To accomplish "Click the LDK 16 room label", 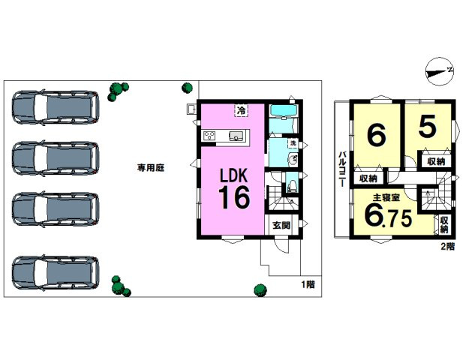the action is (234, 189).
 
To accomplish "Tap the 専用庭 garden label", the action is (151, 168).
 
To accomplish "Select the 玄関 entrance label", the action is (281, 226).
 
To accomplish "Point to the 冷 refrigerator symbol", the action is (242, 111).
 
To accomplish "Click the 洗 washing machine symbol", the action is (293, 143).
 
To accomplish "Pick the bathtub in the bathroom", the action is (283, 112).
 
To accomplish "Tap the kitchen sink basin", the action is (236, 136).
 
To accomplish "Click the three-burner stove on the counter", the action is (209, 136).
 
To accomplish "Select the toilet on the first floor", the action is (292, 186).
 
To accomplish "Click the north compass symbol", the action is (440, 72).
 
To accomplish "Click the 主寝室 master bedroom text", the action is (386, 197).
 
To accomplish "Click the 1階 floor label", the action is (308, 284).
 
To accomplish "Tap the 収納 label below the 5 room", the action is (436, 162).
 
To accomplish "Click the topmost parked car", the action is (56, 106).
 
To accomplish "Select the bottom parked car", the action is (56, 273).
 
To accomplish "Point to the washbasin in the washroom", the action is (293, 159).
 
